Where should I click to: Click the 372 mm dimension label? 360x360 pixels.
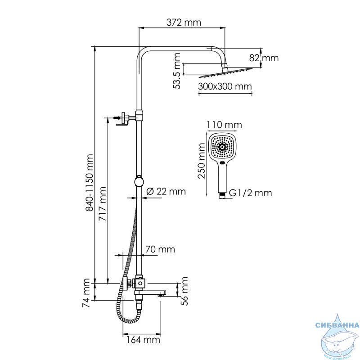[184, 22]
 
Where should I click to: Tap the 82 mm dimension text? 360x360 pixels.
[264, 58]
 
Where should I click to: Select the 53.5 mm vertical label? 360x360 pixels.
[177, 71]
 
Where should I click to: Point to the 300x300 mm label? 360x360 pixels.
[225, 86]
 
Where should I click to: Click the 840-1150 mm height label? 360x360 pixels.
[89, 183]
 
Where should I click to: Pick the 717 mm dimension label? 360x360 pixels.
[102, 204]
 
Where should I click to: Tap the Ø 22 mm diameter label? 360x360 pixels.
[166, 192]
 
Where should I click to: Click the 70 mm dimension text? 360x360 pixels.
[160, 249]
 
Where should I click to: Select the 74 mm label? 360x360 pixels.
[86, 293]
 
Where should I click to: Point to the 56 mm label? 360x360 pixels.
[184, 291]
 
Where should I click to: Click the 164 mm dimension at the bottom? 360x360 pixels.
[143, 340]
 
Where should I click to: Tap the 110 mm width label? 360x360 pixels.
[224, 125]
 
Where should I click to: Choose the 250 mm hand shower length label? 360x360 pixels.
[202, 161]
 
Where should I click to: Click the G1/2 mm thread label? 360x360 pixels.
[250, 193]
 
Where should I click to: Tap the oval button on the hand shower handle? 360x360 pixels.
[222, 163]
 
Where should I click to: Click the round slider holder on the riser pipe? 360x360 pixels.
[139, 181]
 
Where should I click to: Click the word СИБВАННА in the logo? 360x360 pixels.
[337, 325]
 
